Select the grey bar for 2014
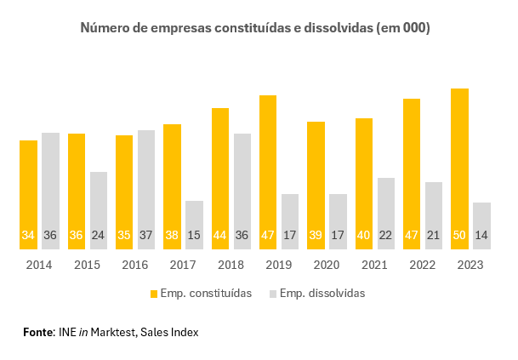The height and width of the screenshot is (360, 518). [x=51, y=191]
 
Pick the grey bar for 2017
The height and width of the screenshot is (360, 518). [x=194, y=225]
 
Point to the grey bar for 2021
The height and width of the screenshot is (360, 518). [x=386, y=214]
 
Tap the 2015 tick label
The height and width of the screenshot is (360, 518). [x=87, y=266]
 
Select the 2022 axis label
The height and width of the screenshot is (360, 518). [x=422, y=266]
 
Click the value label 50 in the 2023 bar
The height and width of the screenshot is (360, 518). [x=460, y=236]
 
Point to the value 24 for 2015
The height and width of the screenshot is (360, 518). [x=99, y=236]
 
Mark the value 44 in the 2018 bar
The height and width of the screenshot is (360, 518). [x=220, y=236]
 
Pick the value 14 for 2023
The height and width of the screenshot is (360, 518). [x=482, y=236]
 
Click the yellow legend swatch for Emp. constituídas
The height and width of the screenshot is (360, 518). [x=154, y=294]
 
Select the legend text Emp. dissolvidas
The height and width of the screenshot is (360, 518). [x=323, y=294]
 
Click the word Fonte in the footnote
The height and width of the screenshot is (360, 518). [x=38, y=332]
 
